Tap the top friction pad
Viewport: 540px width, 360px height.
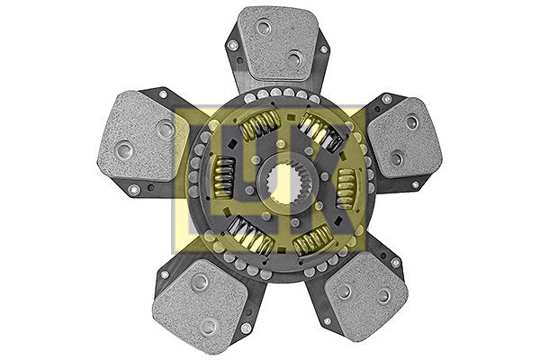click(278, 42)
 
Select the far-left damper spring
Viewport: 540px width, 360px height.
click(223, 177)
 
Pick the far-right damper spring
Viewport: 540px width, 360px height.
click(346, 188)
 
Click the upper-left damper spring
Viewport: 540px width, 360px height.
click(261, 125)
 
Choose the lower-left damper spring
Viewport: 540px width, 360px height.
click(251, 234)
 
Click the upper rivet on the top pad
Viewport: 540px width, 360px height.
click(265, 27)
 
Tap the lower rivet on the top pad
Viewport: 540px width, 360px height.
click(295, 58)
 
